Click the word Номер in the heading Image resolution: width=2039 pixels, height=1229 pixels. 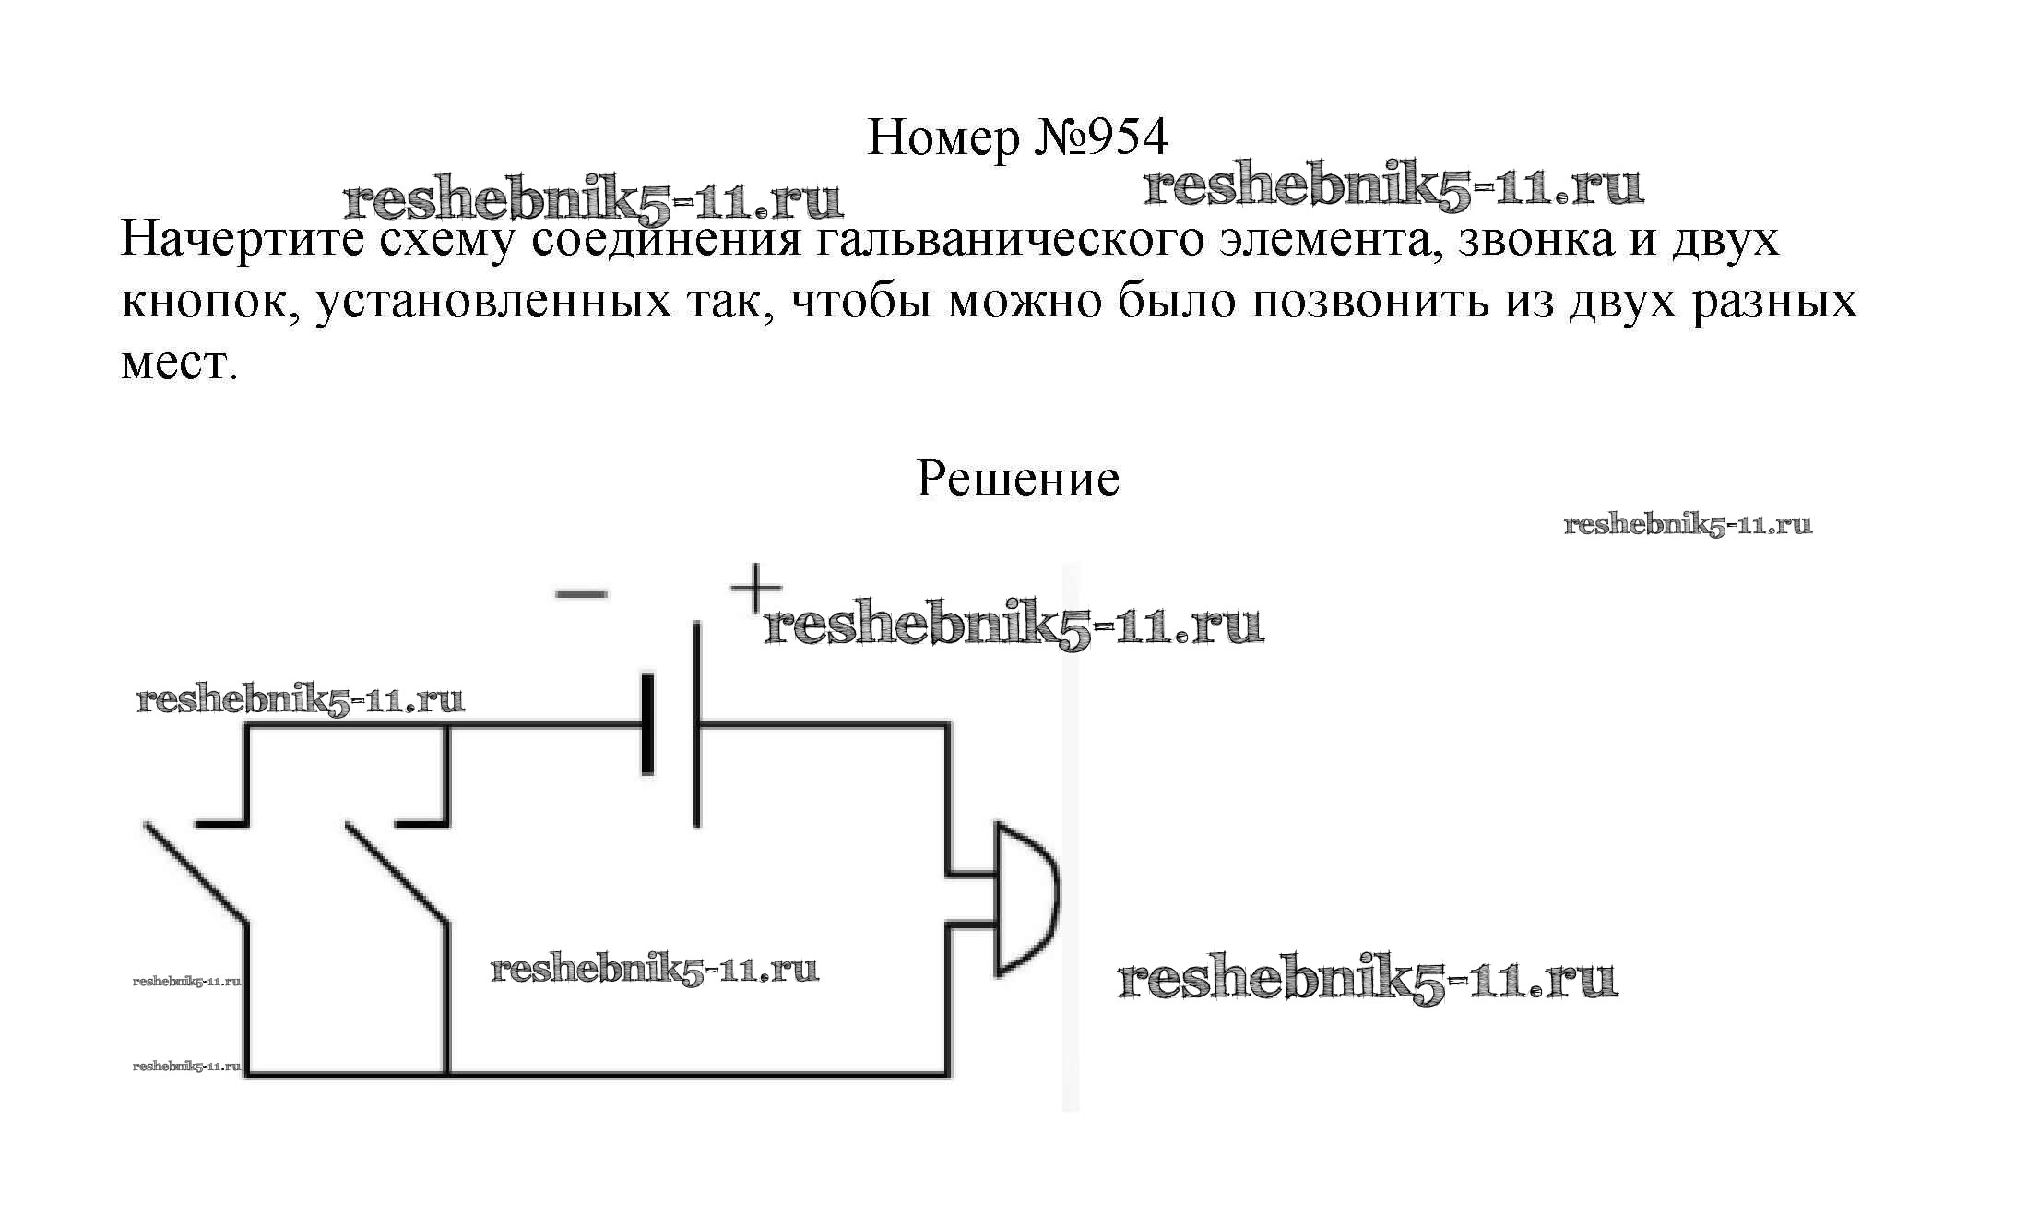[943, 138]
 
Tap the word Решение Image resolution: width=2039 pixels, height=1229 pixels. [1017, 479]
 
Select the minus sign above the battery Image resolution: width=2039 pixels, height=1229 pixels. [581, 594]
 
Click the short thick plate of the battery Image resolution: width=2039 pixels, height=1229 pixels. [647, 724]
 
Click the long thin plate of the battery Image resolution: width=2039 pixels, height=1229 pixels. [697, 724]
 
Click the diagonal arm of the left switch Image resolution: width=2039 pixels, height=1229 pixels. [196, 872]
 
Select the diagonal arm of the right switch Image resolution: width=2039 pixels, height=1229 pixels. [397, 872]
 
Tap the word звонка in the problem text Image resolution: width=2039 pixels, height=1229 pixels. [1536, 240]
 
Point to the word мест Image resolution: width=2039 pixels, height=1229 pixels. [178, 364]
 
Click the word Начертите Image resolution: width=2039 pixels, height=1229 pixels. [243, 240]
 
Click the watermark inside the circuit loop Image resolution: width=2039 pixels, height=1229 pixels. [654, 969]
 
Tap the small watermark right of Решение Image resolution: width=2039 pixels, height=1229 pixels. [1688, 525]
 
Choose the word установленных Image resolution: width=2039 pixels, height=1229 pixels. [493, 302]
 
